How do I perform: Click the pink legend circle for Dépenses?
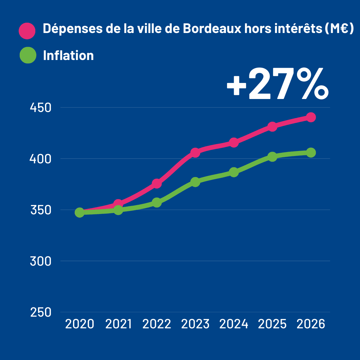click(x=27, y=31)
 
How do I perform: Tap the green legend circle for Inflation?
click(x=28, y=55)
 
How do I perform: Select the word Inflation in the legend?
click(x=68, y=55)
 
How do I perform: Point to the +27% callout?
click(x=277, y=84)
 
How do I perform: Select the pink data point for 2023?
click(x=195, y=153)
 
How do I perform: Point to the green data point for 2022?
click(x=157, y=202)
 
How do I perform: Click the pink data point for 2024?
click(x=234, y=143)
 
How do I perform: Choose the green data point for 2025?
click(x=272, y=157)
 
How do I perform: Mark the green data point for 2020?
click(x=79, y=212)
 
